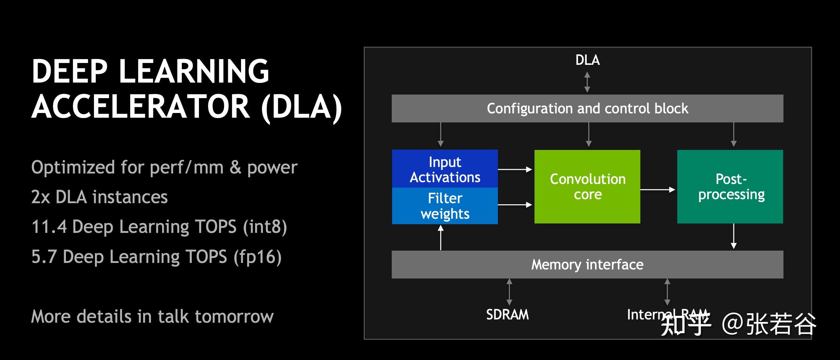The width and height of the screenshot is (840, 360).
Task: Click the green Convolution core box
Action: click(x=587, y=187)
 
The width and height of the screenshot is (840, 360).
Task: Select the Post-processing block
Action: click(x=730, y=187)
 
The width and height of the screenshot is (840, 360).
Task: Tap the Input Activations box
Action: click(x=445, y=169)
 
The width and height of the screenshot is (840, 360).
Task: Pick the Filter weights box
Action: click(x=445, y=206)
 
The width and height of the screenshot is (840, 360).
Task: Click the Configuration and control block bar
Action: click(x=587, y=108)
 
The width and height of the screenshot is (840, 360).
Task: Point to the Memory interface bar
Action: click(x=587, y=264)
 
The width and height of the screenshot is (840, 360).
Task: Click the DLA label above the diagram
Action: click(x=587, y=60)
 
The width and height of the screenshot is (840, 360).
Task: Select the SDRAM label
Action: click(x=507, y=314)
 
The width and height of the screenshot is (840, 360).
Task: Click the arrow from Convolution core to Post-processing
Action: click(x=658, y=189)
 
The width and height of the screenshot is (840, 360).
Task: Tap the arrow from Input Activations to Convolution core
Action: click(x=515, y=169)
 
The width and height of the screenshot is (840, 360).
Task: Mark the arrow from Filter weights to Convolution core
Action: click(x=515, y=205)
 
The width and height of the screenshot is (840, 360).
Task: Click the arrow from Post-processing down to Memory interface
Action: click(x=734, y=236)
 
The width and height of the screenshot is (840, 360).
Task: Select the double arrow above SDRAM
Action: click(x=509, y=292)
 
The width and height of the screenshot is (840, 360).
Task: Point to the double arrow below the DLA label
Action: click(x=587, y=82)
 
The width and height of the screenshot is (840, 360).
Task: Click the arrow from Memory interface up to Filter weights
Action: click(x=441, y=238)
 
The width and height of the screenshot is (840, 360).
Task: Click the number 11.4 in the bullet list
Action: click(x=49, y=227)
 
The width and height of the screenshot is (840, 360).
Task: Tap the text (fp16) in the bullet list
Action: click(x=258, y=257)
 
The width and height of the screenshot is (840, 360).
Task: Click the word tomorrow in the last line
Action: click(x=234, y=317)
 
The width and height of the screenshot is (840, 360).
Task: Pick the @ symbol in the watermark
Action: click(x=732, y=323)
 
